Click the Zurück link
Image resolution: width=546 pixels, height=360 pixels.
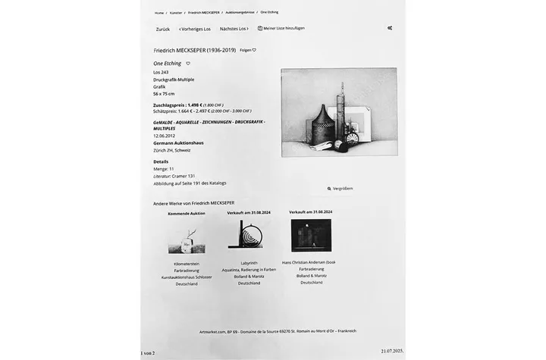click(x=162, y=29)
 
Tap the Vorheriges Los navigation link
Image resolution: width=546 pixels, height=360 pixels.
click(x=195, y=29)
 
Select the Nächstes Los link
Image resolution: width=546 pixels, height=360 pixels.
click(x=234, y=29)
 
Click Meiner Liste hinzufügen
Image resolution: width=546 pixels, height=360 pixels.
click(x=281, y=28)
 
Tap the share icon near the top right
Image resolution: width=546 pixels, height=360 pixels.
click(x=390, y=28)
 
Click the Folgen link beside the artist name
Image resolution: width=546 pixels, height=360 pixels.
click(x=247, y=50)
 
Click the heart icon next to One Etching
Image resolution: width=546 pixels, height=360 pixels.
click(x=188, y=64)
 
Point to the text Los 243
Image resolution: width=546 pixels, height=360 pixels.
click(x=161, y=72)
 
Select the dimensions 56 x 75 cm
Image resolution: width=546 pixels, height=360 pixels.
click(x=165, y=93)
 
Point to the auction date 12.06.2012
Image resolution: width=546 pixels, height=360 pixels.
click(x=164, y=136)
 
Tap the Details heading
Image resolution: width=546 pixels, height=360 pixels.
click(x=161, y=161)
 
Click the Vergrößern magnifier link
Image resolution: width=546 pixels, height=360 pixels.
click(x=340, y=188)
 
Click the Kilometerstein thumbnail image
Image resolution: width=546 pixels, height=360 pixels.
click(x=186, y=241)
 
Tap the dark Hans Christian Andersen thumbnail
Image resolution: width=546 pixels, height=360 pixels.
click(x=311, y=235)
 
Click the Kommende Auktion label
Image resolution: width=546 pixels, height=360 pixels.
click(x=186, y=213)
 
